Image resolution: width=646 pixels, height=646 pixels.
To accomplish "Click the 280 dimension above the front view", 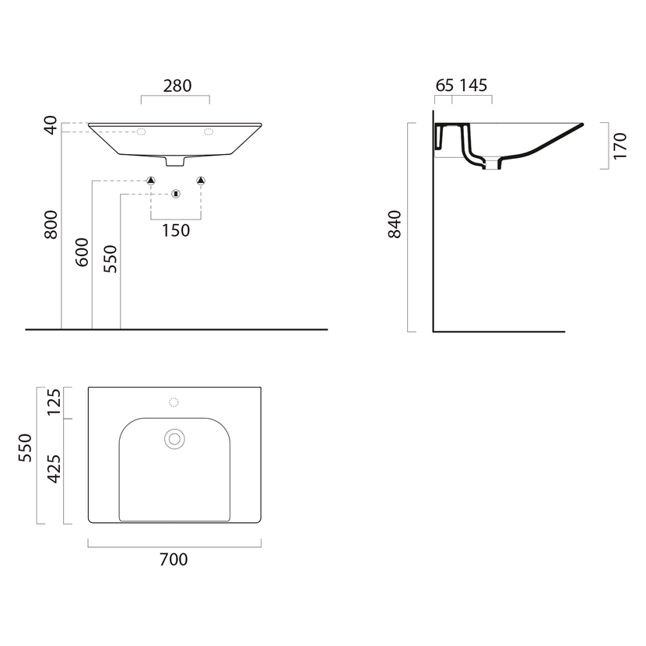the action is (177, 86).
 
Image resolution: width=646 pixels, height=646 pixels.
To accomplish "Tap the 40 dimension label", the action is (51, 125).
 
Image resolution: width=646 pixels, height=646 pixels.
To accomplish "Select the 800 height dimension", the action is (51, 224).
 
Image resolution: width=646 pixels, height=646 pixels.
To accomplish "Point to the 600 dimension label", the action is (82, 251).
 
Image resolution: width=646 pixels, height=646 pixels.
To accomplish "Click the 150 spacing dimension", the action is (176, 230).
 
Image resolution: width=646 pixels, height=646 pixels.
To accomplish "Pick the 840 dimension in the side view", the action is (395, 224).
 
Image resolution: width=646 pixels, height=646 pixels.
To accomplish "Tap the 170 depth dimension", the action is (620, 146).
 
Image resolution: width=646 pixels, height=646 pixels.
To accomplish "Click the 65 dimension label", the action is (444, 86).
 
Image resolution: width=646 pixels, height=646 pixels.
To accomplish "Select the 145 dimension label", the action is (473, 86).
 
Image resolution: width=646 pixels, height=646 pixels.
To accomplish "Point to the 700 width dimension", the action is (174, 559).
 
